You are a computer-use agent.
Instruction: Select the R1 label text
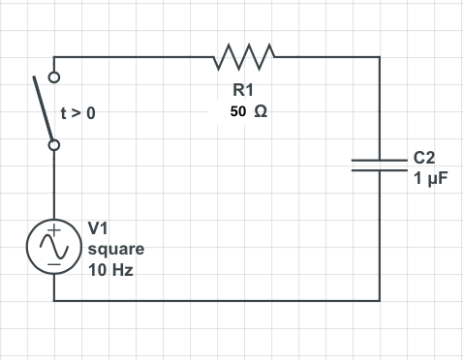pos(243,90)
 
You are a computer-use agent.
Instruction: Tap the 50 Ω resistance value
pos(249,111)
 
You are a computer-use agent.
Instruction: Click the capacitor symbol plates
pos(379,164)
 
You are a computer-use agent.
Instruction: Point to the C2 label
pos(425,157)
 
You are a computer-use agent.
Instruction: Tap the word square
pos(115,250)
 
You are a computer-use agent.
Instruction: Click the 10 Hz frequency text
pos(109,270)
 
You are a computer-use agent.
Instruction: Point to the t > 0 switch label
pos(78,113)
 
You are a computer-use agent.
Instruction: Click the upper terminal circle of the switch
pos(54,76)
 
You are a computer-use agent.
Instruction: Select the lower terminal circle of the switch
pos(54,145)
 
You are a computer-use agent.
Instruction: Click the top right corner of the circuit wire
pos(379,56)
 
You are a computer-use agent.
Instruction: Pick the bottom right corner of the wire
pos(379,300)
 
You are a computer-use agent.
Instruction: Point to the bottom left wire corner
pos(54,300)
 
